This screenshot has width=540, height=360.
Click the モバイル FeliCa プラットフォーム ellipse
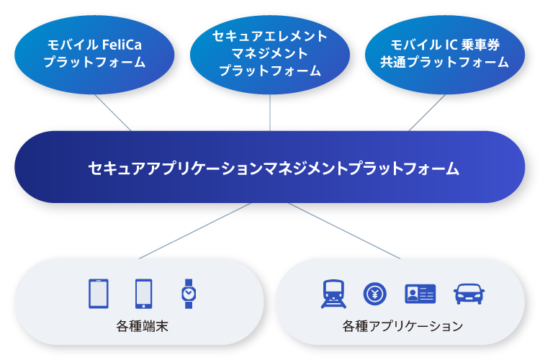pos(94,55)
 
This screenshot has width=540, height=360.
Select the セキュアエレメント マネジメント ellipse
pos(270,55)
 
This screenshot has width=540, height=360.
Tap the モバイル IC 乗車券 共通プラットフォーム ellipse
pos(445,55)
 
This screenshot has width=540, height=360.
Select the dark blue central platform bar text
pos(274,168)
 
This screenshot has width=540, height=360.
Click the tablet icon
pos(99,294)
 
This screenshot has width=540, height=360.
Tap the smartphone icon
pos(143,294)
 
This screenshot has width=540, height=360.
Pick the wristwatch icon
pos(189,294)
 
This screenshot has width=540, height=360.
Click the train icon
pos(333,294)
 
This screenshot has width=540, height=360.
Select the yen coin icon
pos(375,294)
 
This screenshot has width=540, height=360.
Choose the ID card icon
pos(420,294)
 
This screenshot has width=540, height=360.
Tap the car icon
pos(469,294)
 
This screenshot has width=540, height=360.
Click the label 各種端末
pos(142,326)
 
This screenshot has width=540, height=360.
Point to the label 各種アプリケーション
pos(402,326)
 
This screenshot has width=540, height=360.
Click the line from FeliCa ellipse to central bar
pos(113,112)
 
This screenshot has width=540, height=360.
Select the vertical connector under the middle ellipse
pos(270,112)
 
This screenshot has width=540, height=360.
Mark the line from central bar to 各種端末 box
pos(195,230)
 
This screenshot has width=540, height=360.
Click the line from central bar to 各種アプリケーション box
pos(344,230)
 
